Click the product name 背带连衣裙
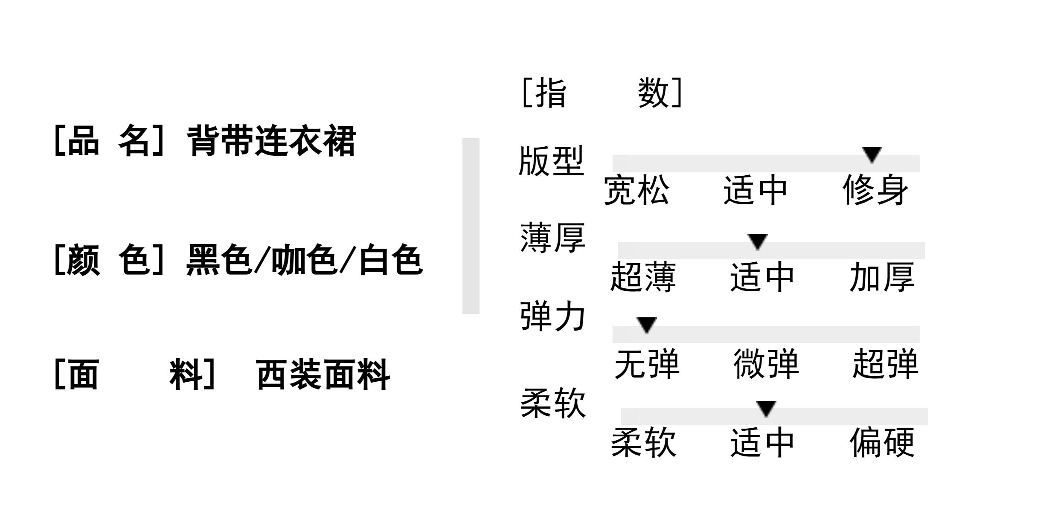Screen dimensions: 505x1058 pos(271,141)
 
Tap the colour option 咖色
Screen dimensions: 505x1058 pos(304,260)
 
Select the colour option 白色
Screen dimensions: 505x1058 pos(390,260)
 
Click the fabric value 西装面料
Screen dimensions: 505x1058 pos(323,375)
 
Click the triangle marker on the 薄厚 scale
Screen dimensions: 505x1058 pos(758,241)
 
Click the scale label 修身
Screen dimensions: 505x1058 pos(875,190)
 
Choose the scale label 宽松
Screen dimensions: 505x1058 pos(637,190)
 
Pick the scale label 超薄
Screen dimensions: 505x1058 pos(643,278)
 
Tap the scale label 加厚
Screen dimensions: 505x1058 pos(882,278)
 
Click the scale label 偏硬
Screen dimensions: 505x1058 pos(882,443)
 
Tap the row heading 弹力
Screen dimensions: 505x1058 pos(552,317)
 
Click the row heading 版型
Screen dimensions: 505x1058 pos(551,161)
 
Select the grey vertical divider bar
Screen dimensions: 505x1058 pos(471,226)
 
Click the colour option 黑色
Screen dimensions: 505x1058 pos(219,260)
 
